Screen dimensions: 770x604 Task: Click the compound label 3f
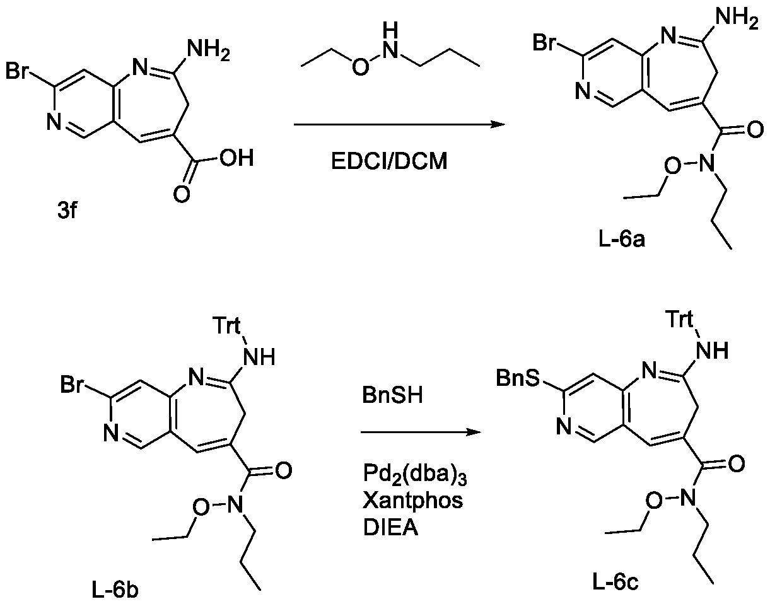click(x=67, y=211)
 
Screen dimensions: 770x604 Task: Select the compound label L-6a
click(x=622, y=240)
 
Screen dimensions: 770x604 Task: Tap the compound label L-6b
click(x=115, y=591)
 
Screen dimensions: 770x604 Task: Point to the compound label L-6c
click(x=615, y=583)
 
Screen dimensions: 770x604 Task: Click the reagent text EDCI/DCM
click(x=389, y=161)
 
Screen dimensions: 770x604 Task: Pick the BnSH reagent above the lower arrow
click(x=392, y=395)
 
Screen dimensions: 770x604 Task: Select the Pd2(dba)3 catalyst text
click(x=415, y=474)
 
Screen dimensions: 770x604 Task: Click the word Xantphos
click(x=413, y=501)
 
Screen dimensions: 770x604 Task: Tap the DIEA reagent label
click(x=390, y=528)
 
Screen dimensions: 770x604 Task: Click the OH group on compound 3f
click(x=236, y=158)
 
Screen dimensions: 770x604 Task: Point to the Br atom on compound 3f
click(x=16, y=71)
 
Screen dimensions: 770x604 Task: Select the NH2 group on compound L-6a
click(x=737, y=18)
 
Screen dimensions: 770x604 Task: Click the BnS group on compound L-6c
click(x=518, y=378)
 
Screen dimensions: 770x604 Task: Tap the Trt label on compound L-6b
click(x=226, y=325)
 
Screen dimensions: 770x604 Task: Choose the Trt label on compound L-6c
click(x=680, y=319)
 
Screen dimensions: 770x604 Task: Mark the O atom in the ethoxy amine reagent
click(x=360, y=67)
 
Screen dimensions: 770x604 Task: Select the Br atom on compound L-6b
click(x=72, y=385)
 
